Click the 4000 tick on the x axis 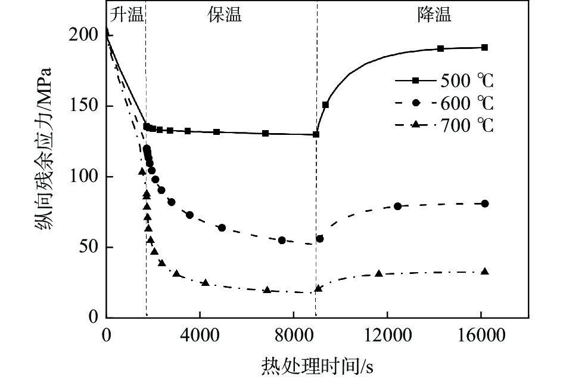(x=200, y=335)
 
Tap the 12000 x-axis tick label (x=387, y=335)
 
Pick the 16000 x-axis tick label (x=481, y=335)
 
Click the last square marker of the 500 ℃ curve (x=484, y=47)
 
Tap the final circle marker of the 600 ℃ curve (x=485, y=204)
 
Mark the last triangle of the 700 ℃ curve (x=484, y=272)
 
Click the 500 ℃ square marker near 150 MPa (x=325, y=104)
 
